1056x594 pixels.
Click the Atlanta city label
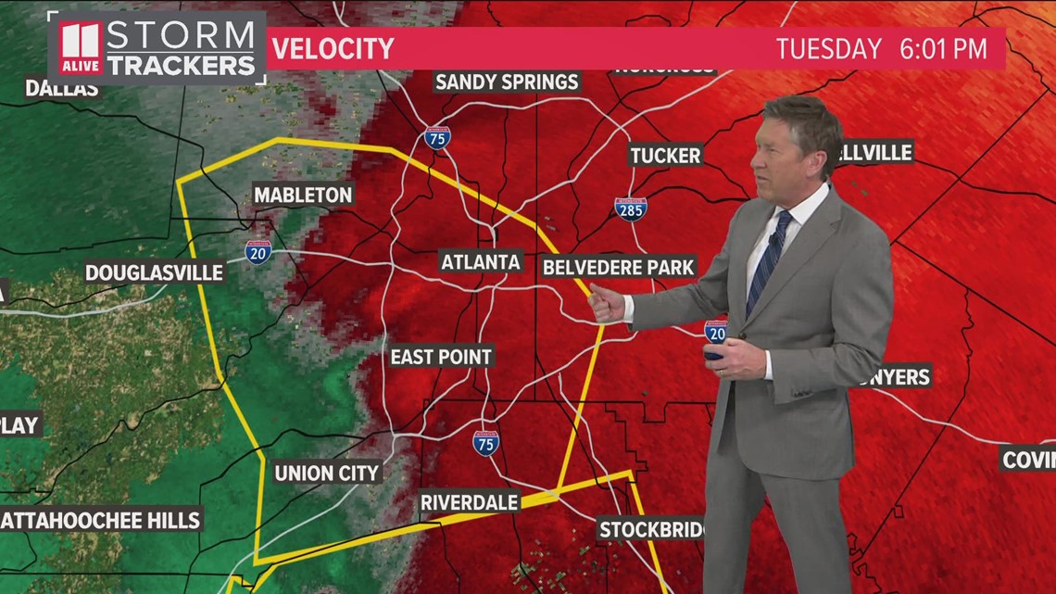(481, 261)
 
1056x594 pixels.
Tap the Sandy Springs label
(508, 82)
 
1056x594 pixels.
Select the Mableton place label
(303, 195)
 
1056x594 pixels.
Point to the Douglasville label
(155, 272)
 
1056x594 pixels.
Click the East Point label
(441, 357)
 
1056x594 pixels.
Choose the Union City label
(327, 473)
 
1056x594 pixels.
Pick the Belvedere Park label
(618, 268)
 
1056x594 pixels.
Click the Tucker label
(665, 155)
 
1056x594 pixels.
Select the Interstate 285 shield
(631, 209)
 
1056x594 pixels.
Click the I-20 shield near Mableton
(258, 252)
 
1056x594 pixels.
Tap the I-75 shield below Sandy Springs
(438, 138)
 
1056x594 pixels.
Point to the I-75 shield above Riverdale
(485, 443)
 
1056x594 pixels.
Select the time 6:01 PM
(943, 48)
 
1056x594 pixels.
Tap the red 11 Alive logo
(81, 47)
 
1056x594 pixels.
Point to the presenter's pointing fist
(606, 303)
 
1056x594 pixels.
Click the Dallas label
(62, 89)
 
